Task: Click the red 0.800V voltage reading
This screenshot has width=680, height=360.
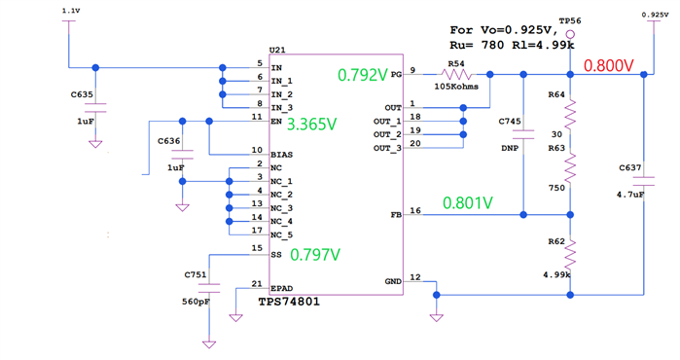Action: point(608,67)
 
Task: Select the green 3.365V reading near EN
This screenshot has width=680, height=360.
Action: point(313,125)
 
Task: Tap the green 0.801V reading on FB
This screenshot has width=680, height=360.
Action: point(467,203)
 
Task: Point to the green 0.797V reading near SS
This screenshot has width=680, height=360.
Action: point(316,255)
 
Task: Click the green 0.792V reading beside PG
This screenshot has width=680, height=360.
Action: point(361,74)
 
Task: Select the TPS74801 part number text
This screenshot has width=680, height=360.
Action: point(289,302)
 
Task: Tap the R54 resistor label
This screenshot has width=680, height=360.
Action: point(455,63)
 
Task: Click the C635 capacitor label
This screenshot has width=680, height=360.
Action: point(82,94)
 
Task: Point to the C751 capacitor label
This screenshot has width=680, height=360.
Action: point(196,275)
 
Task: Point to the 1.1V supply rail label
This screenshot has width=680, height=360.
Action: point(70,10)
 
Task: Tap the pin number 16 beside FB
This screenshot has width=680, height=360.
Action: point(415,209)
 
